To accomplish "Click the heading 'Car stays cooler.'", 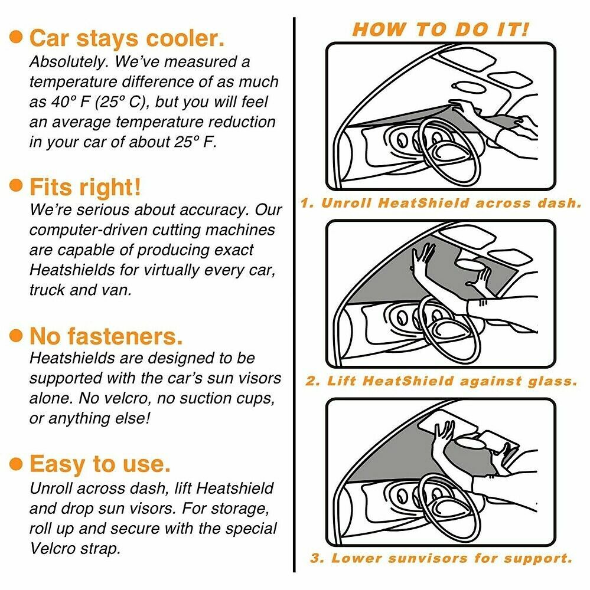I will (126, 39).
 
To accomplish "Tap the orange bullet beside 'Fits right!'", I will (17, 186).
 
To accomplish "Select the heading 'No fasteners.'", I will (106, 336).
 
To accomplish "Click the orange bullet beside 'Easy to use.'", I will (17, 463).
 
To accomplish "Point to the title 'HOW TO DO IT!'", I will (441, 30).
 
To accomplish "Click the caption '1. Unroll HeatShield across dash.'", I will (441, 204).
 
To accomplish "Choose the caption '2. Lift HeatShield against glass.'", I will (441, 382).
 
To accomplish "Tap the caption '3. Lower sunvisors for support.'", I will (441, 558).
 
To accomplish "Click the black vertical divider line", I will (294, 295).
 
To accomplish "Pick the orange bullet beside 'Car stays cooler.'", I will (17, 38).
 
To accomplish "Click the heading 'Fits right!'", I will (85, 188).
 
